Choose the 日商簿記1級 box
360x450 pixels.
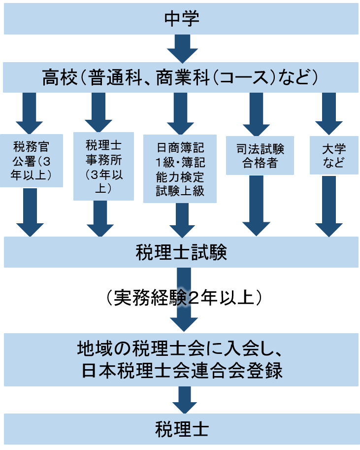click(180, 168)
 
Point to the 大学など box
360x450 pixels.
click(333, 155)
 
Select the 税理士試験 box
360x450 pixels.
click(181, 253)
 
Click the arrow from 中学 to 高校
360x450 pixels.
click(182, 48)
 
